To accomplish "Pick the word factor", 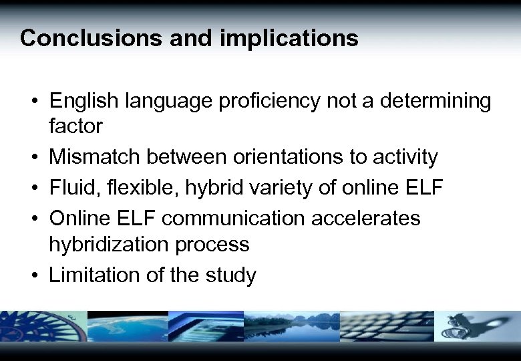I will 75,126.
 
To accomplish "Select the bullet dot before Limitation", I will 32,275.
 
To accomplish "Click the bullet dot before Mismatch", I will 32,158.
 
